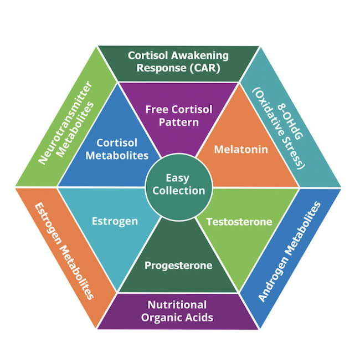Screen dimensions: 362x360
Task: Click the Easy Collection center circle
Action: pyautogui.click(x=178, y=185)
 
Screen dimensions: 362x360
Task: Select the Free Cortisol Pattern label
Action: pyautogui.click(x=179, y=115)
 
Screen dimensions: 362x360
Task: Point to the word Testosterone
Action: pyautogui.click(x=239, y=222)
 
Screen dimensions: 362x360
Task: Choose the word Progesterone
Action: pyautogui.click(x=178, y=266)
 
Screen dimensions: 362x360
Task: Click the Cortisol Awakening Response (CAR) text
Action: pyautogui.click(x=178, y=62)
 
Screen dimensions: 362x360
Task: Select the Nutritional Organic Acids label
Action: pyautogui.click(x=177, y=311)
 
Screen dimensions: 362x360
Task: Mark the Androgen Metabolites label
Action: pyautogui.click(x=290, y=251)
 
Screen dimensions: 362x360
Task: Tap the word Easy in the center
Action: pyautogui.click(x=178, y=178)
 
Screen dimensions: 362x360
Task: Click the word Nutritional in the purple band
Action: pyautogui.click(x=177, y=304)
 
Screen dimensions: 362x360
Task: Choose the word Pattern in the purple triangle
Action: pyautogui.click(x=179, y=122)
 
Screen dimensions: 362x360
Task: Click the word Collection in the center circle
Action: pyautogui.click(x=178, y=191)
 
